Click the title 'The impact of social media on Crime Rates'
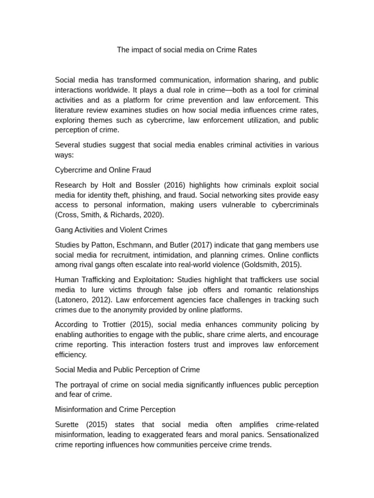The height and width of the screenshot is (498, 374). pos(187,50)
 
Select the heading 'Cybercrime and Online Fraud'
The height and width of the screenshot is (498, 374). pos(103,170)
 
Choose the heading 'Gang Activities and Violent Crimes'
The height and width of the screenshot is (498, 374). pos(111,230)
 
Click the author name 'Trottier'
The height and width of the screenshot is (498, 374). pos(112,324)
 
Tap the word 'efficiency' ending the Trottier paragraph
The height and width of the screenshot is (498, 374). pos(70,355)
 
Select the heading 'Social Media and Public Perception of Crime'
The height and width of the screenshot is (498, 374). pos(128,370)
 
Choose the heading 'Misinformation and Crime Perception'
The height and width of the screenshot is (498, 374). pos(115,409)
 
